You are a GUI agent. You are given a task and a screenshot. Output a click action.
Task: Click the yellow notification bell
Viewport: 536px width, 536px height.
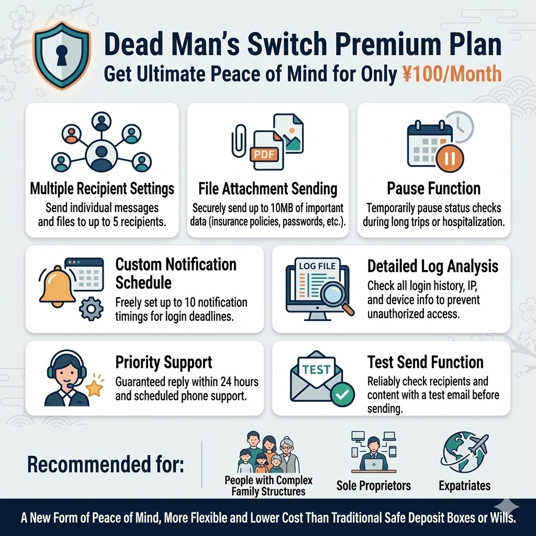[57, 286]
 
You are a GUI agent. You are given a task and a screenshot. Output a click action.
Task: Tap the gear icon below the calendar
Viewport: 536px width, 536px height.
[91, 309]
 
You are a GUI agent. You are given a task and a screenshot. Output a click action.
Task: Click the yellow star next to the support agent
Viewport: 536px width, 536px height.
[94, 388]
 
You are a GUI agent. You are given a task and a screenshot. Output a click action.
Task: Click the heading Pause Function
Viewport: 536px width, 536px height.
[433, 188]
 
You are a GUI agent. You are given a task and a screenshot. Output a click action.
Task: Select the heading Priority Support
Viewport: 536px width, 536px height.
[164, 362]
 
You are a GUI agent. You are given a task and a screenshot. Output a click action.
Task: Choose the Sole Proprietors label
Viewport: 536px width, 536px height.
[374, 486]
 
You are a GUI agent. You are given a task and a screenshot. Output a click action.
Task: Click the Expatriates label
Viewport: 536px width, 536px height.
[464, 486]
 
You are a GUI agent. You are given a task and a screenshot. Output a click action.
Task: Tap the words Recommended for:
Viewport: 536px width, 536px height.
[105, 464]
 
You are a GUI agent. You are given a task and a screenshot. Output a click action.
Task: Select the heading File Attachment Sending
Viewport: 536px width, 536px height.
[268, 188]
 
